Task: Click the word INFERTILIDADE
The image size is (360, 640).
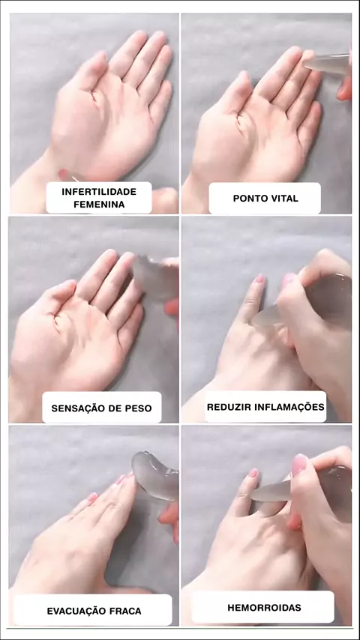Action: click(x=99, y=192)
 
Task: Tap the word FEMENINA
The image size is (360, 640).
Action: click(x=99, y=205)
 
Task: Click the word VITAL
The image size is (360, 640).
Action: click(x=284, y=199)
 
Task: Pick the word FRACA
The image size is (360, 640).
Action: click(x=125, y=611)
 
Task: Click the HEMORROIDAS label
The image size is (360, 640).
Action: click(x=265, y=607)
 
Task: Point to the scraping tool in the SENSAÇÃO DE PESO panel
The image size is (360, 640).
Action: click(x=155, y=277)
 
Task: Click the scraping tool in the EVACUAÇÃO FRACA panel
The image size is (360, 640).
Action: click(x=156, y=476)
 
